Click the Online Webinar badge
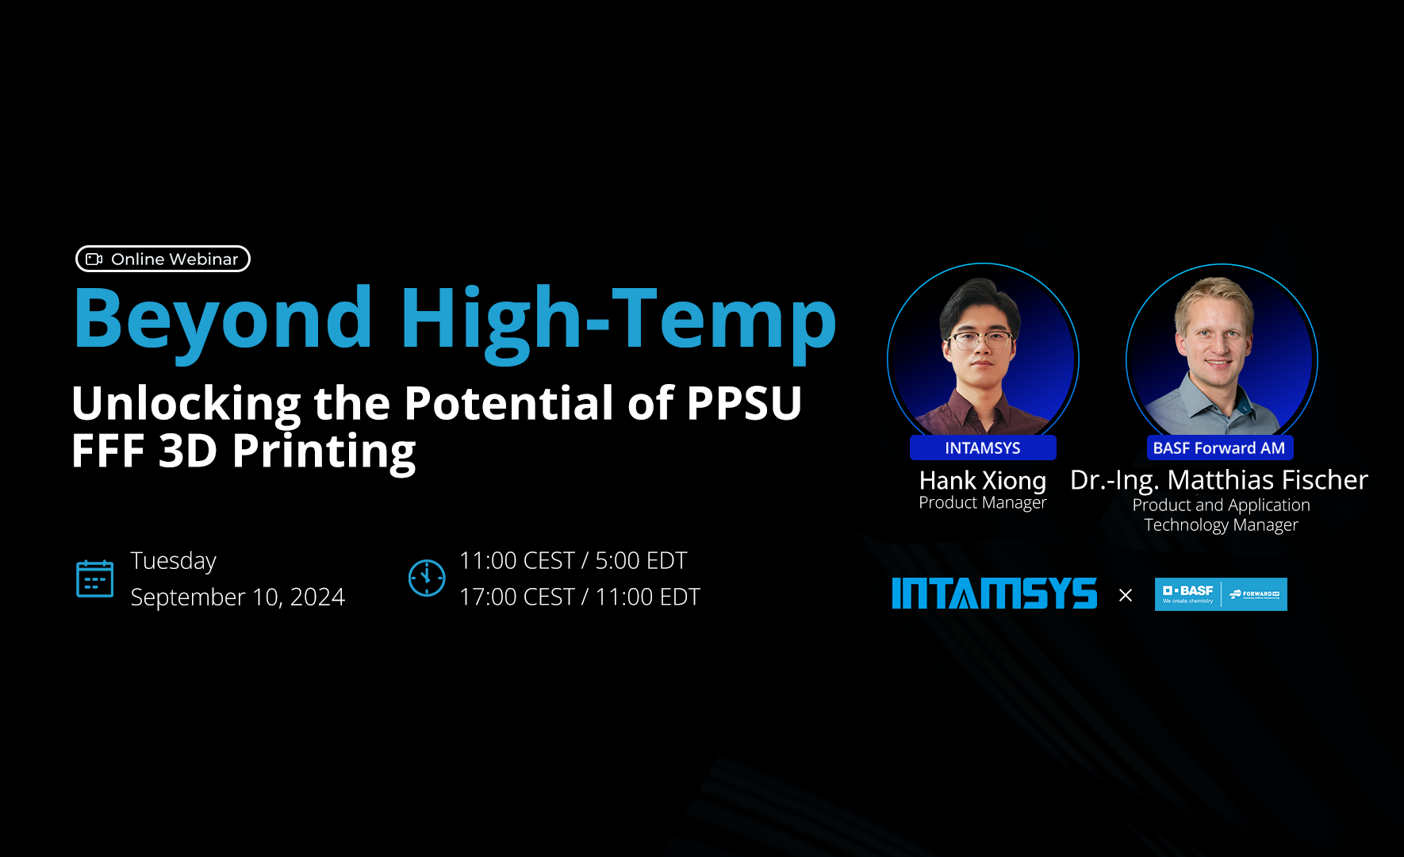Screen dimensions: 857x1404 tap(163, 259)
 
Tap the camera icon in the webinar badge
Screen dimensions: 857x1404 tap(94, 259)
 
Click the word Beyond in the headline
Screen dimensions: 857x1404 tap(223, 319)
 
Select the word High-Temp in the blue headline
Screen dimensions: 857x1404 tap(618, 319)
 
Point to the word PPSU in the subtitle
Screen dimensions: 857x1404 tap(743, 403)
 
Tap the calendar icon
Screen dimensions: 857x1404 tap(94, 578)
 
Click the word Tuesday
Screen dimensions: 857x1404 tap(173, 560)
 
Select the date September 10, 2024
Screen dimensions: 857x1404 tap(237, 597)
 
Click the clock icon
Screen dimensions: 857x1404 tap(427, 578)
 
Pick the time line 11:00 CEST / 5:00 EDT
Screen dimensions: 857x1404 tap(573, 560)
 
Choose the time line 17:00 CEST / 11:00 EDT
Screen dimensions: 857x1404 tap(579, 597)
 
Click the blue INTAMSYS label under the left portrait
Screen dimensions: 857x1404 tap(982, 448)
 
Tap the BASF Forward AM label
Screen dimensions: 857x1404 tap(1218, 448)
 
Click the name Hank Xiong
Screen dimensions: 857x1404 tap(982, 480)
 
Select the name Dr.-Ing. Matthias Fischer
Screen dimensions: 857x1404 tap(1218, 480)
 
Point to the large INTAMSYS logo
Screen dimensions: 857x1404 tap(994, 594)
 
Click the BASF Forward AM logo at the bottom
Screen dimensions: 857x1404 tap(1220, 594)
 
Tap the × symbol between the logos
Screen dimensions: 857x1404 tap(1125, 595)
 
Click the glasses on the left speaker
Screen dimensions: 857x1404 tap(982, 341)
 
